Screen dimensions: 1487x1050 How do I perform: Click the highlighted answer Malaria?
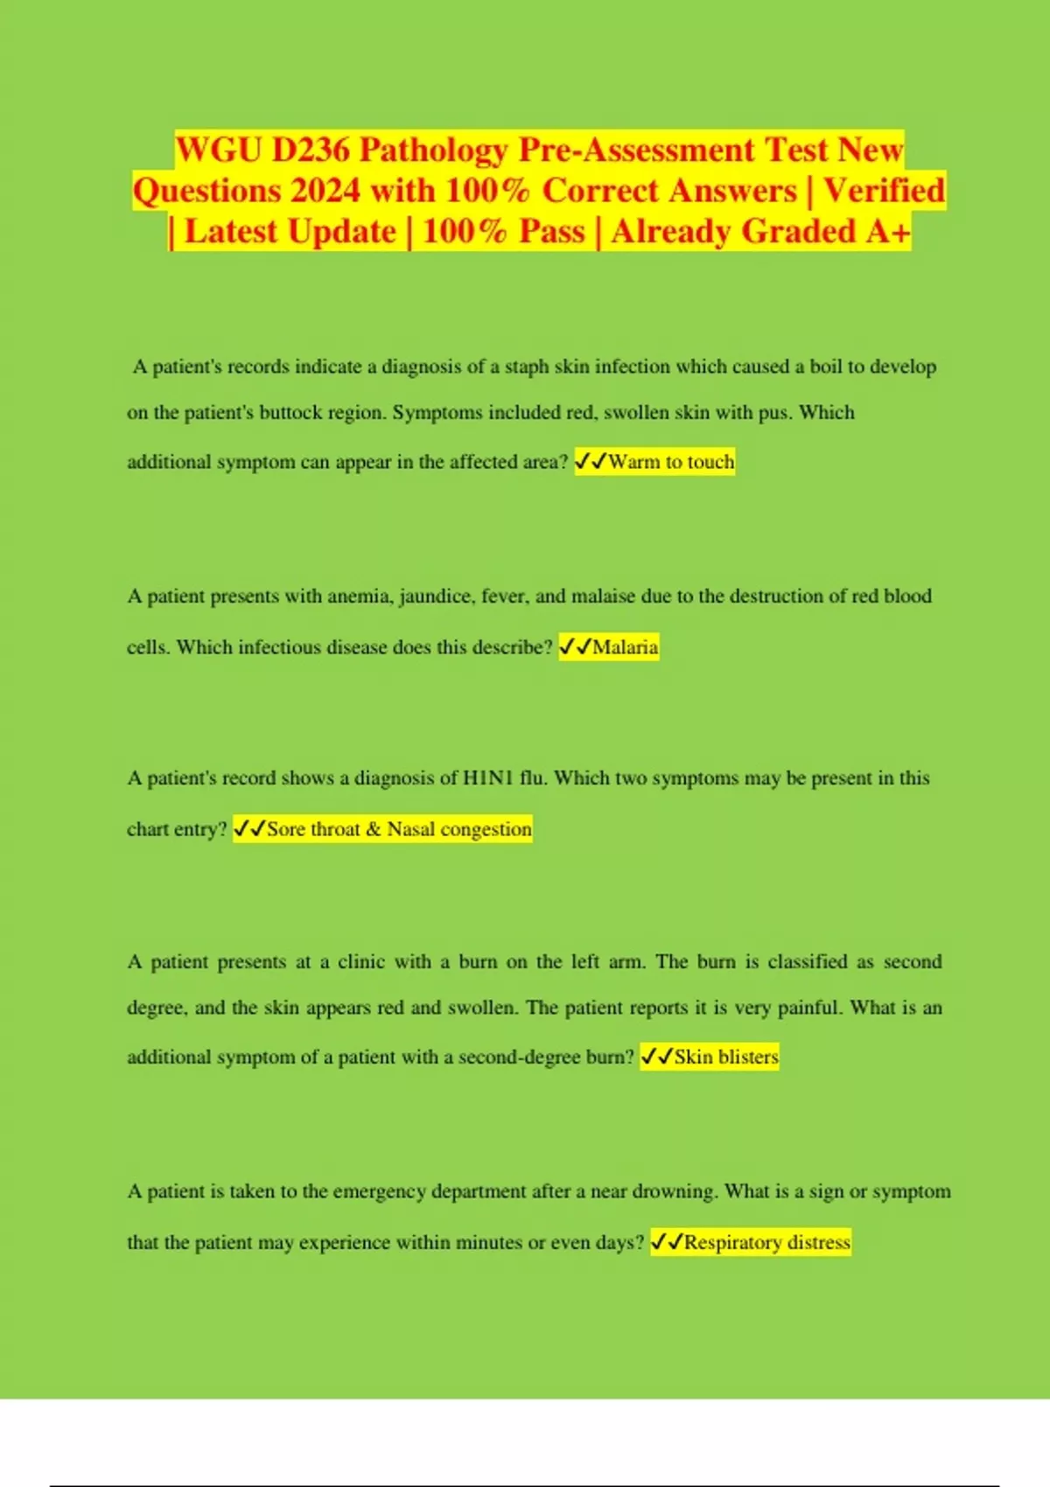pyautogui.click(x=625, y=647)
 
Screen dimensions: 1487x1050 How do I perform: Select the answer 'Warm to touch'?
pyautogui.click(x=671, y=462)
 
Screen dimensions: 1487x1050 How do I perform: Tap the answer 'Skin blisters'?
pyautogui.click(x=725, y=1057)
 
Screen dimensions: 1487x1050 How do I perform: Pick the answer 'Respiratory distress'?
pyautogui.click(x=766, y=1242)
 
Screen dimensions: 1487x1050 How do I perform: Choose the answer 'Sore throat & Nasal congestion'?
pyautogui.click(x=398, y=829)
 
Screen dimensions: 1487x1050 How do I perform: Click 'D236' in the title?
pyautogui.click(x=311, y=150)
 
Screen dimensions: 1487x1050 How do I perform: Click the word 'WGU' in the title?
pyautogui.click(x=219, y=150)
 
